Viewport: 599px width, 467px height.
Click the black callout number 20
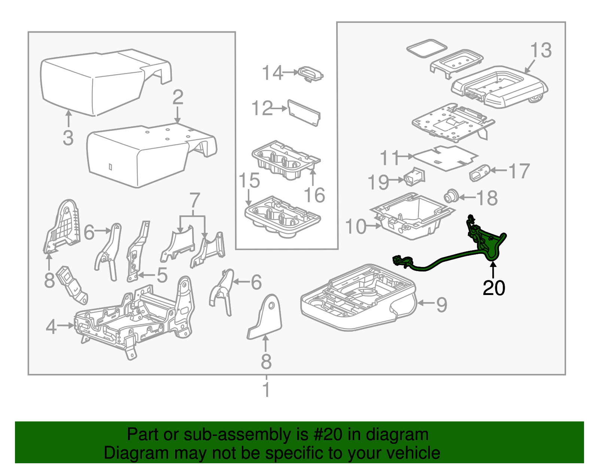[494, 288]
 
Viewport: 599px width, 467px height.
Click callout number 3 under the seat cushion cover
[68, 138]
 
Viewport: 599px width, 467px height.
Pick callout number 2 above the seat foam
[178, 97]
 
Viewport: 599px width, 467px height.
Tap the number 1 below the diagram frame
[266, 390]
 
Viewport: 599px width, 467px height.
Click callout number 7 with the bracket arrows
[195, 201]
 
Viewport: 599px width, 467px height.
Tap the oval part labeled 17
[480, 172]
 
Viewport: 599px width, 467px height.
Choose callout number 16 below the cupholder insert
[314, 195]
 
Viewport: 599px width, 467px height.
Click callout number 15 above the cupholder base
[249, 181]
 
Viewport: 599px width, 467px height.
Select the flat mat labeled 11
[446, 157]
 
